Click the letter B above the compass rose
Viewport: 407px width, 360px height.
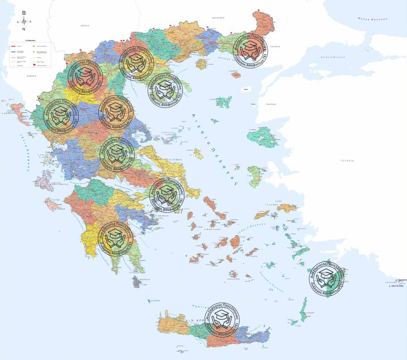(x=24, y=13)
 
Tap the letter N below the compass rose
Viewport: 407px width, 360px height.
(x=24, y=29)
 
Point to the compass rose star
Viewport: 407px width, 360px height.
(x=24, y=21)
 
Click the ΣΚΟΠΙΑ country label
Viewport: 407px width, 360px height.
(x=85, y=26)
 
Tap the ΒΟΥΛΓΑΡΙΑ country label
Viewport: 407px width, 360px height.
(x=218, y=18)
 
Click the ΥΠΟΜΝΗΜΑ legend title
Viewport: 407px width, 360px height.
(x=31, y=41)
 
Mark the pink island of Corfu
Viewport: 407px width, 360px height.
(x=16, y=109)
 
